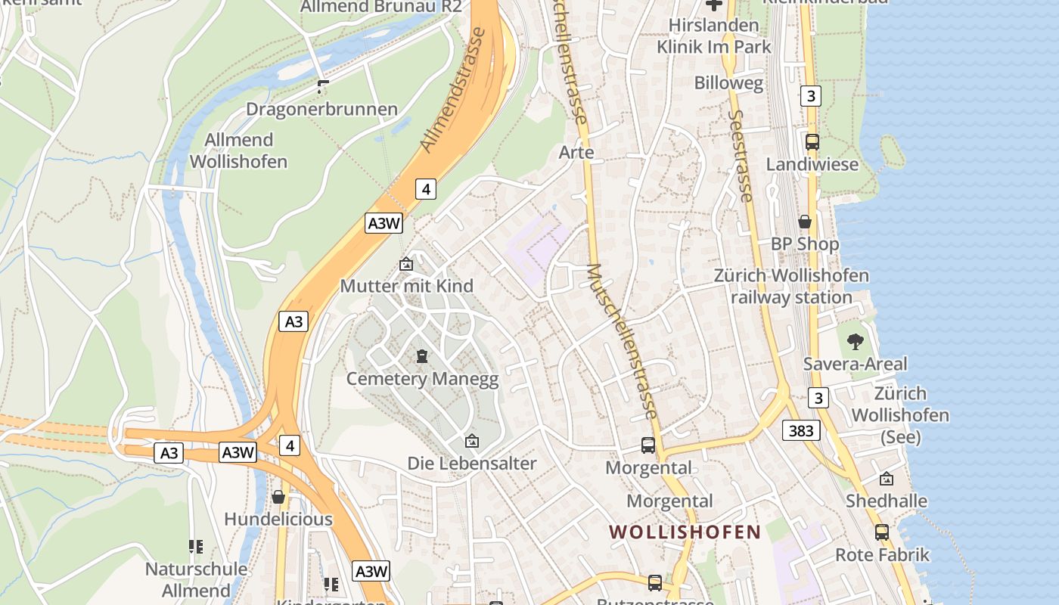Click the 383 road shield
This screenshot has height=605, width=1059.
tap(801, 431)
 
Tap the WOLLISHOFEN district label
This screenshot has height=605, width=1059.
tap(685, 532)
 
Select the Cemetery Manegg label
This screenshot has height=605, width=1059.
tap(422, 379)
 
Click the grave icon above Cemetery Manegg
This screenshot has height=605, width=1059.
tap(422, 355)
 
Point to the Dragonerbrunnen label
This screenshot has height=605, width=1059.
tap(321, 110)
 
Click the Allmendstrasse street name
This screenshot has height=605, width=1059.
tap(452, 91)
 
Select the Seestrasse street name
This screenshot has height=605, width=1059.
tap(741, 156)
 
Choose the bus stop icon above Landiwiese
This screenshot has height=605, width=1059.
tap(812, 142)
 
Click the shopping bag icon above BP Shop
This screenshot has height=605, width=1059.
tap(805, 222)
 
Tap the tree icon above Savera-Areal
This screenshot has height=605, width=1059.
tap(855, 342)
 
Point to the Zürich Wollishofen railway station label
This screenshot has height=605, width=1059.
tap(791, 286)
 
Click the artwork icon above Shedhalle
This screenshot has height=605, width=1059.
tap(887, 479)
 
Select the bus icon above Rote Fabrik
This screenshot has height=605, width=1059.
tap(882, 532)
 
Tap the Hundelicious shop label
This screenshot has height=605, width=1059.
tap(278, 520)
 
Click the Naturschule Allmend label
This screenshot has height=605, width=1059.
tap(196, 579)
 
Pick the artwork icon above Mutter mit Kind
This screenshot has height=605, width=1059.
tap(406, 264)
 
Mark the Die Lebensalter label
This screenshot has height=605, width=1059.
tap(472, 463)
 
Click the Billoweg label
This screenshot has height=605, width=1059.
tap(729, 83)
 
